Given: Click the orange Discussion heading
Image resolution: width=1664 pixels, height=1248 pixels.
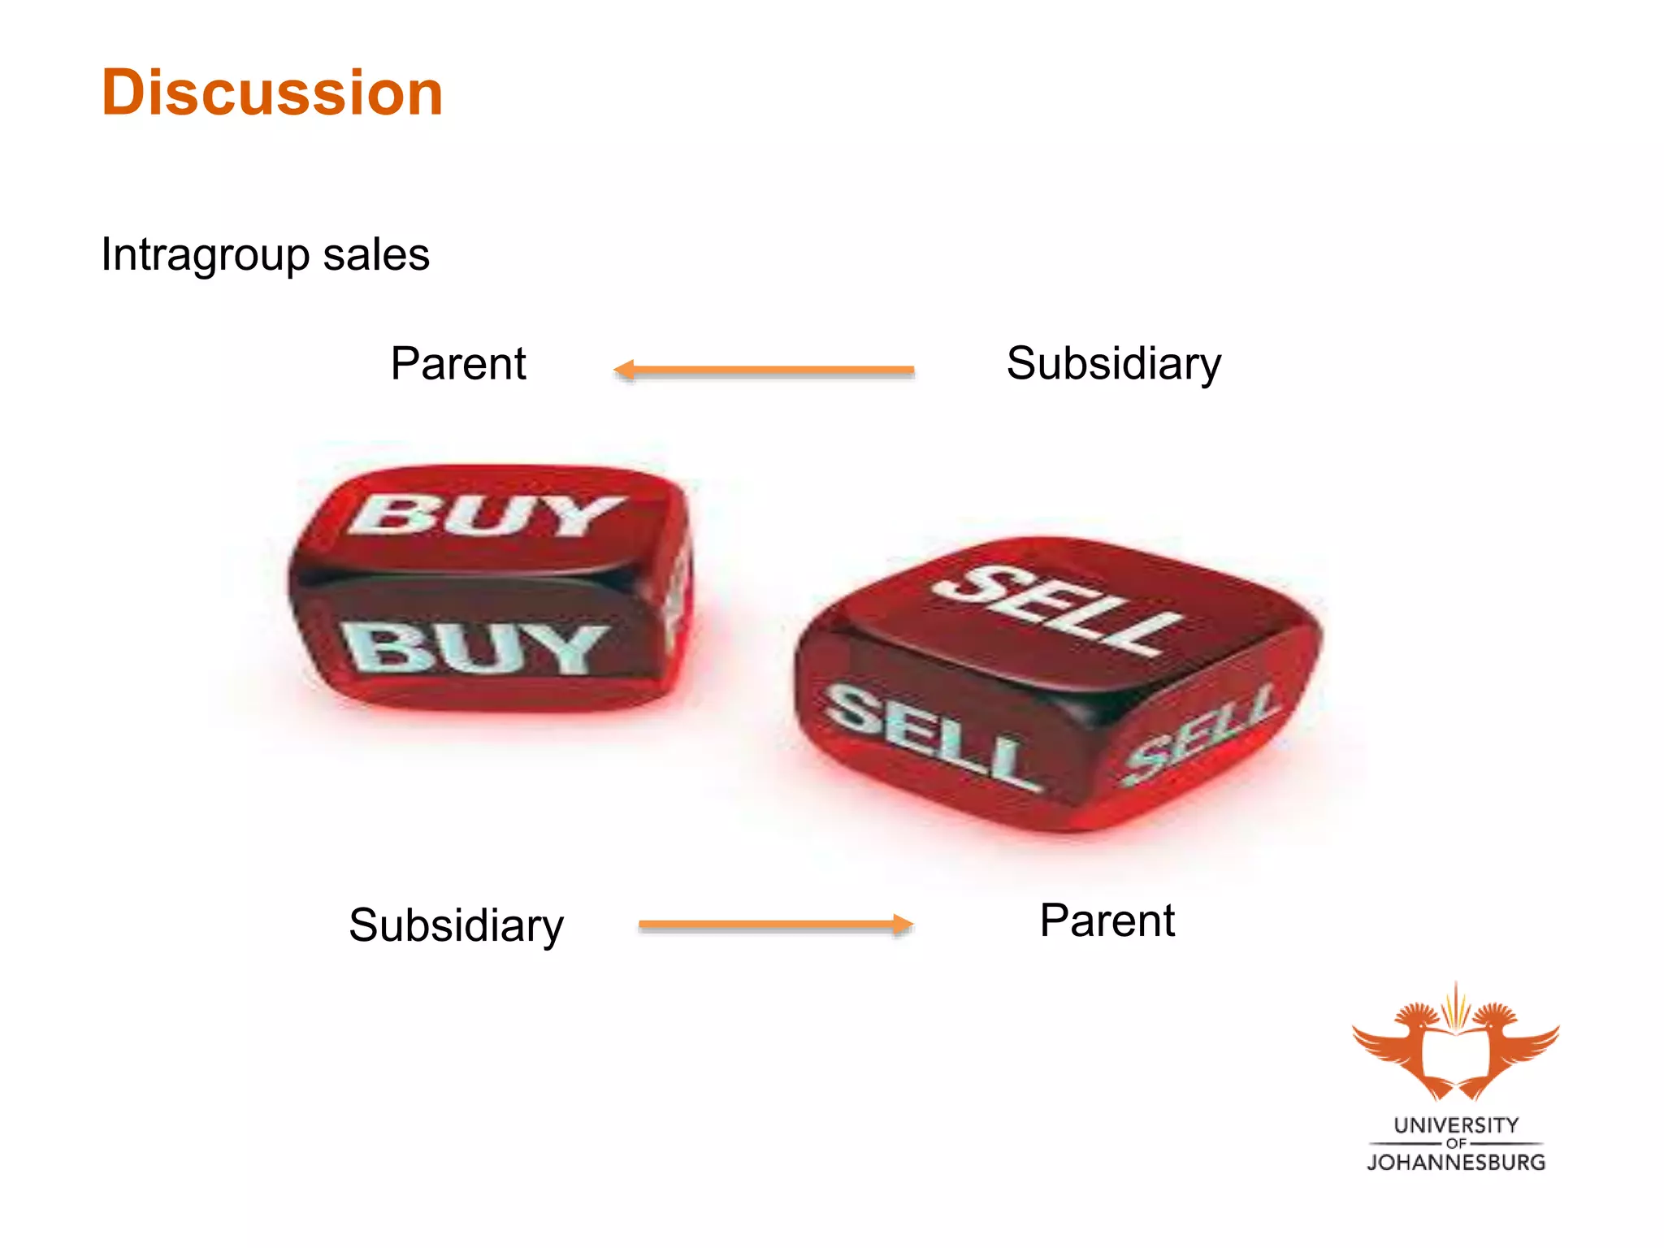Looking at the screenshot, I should (x=272, y=93).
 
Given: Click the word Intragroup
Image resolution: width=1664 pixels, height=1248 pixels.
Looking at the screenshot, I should (x=205, y=256).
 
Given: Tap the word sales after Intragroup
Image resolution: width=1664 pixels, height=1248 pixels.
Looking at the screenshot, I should (x=375, y=255).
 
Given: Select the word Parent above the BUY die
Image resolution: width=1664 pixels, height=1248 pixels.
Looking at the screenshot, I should (x=458, y=363).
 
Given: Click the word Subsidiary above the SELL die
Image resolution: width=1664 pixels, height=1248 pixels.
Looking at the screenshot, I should (x=1113, y=364).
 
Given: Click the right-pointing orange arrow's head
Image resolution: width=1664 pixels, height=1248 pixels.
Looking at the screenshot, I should (x=903, y=925).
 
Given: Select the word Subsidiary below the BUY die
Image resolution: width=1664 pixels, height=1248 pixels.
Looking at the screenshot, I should (x=456, y=925).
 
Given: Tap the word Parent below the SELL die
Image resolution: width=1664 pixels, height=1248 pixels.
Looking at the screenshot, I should (x=1107, y=921).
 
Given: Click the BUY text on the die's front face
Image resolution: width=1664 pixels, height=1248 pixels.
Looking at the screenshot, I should (x=475, y=648).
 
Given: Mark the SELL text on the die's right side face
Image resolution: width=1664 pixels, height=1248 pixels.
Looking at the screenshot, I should (x=1201, y=735).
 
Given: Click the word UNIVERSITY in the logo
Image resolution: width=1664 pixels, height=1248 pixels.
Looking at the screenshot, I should (x=1456, y=1125).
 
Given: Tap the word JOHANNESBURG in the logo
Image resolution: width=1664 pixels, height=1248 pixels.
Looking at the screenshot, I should (x=1456, y=1163).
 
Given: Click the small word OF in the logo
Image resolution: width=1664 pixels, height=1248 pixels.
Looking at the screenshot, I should (x=1456, y=1143).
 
